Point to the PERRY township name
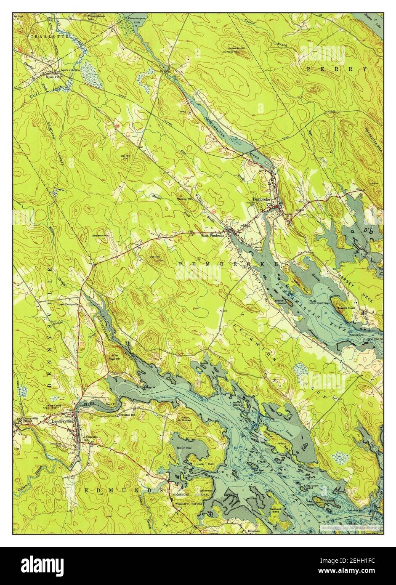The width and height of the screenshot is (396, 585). tap(337, 68)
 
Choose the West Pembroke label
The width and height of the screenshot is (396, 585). tap(213, 236)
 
